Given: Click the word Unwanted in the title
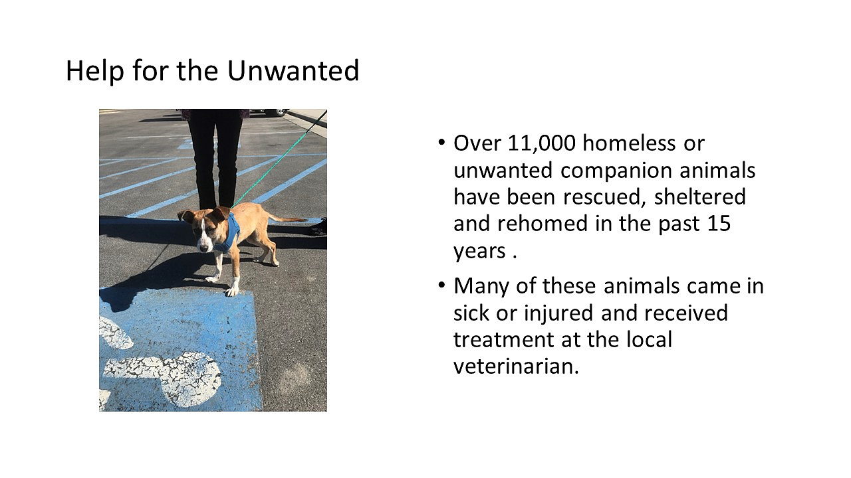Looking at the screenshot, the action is coord(293,70).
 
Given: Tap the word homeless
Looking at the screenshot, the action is coord(629,143).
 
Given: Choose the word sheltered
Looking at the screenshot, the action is coord(700,197).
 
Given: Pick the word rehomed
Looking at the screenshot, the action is coord(543,223).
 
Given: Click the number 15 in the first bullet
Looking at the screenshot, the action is coord(719,224).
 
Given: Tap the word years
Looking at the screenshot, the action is coord(479,252).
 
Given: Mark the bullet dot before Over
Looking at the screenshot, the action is coord(441,143).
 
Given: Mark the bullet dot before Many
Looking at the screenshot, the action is coord(441,285).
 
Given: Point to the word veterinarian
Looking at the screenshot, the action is coord(516,366).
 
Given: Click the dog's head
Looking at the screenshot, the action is coord(201,230).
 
